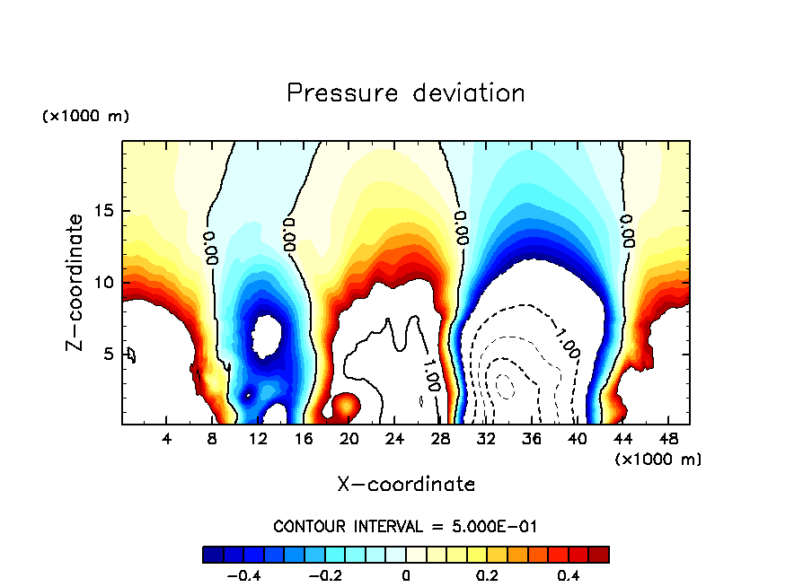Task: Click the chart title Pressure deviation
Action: (x=405, y=93)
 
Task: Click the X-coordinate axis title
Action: (x=406, y=485)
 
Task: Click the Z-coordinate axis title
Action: (x=78, y=282)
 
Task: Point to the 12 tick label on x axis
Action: (x=259, y=438)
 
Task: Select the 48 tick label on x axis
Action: (x=668, y=438)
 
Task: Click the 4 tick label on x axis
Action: (x=167, y=438)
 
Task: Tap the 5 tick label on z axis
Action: (x=109, y=354)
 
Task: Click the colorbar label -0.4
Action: (x=240, y=576)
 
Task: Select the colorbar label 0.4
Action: (x=568, y=576)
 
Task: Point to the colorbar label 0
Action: (x=406, y=576)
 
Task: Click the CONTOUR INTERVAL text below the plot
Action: (x=405, y=526)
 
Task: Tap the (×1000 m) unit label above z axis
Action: (x=85, y=117)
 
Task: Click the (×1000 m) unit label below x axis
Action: (x=658, y=459)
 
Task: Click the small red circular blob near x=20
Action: (x=345, y=407)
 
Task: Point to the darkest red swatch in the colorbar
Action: (x=599, y=555)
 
